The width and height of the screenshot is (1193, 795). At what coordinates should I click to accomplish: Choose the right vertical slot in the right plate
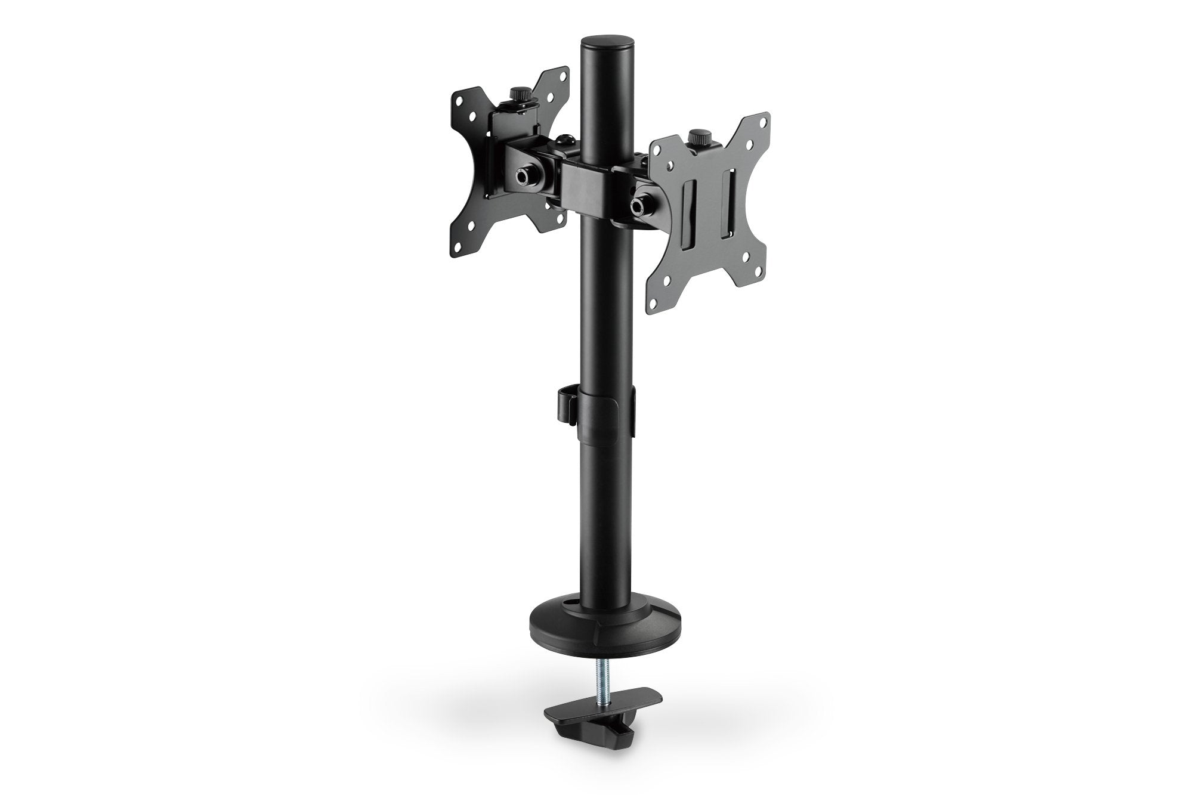pyautogui.click(x=727, y=206)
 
